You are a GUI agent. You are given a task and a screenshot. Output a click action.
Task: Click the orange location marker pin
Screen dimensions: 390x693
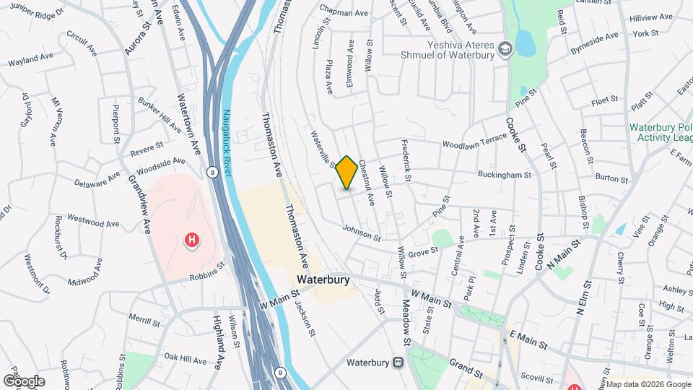coord(346,172)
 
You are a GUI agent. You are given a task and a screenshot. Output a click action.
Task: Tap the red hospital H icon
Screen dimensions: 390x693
coord(192,240)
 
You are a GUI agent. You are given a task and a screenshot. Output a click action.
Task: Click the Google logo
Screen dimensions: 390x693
coord(24,381)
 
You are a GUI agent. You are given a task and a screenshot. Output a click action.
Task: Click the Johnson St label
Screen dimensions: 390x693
coord(361,232)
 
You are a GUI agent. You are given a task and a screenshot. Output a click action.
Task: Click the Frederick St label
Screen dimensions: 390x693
coord(406,161)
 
